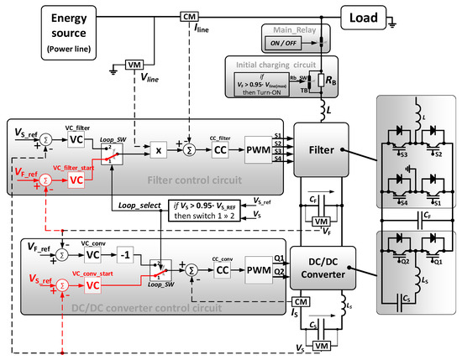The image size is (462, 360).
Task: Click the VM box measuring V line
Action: pos(135,65)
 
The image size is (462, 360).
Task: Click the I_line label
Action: pos(202,28)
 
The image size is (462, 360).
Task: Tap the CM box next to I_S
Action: pos(297,300)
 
